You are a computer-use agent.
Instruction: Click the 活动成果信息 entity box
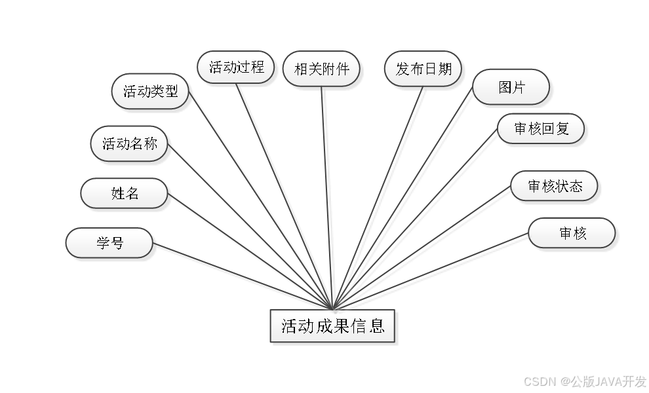(332, 326)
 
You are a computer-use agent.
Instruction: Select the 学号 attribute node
(109, 243)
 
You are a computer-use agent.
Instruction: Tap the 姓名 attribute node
(125, 193)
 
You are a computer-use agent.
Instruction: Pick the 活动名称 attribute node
(130, 143)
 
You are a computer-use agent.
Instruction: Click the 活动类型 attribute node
(151, 91)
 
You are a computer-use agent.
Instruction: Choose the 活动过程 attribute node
(236, 67)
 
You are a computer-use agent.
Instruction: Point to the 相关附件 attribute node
(322, 69)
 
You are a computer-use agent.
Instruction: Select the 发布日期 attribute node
(423, 69)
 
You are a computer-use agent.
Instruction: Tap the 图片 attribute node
(511, 87)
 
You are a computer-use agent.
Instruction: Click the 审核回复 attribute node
(541, 129)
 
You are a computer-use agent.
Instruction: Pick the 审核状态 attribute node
(555, 187)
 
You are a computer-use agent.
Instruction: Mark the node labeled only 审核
(572, 234)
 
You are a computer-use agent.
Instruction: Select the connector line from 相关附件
(328, 196)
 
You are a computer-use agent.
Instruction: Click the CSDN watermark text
(539, 381)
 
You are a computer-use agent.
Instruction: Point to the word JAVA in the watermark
(608, 381)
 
